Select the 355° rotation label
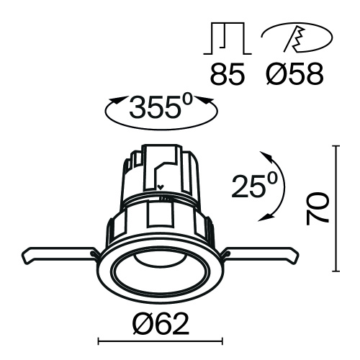[x=160, y=109]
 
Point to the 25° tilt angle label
[x=253, y=186]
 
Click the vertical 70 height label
[x=318, y=209]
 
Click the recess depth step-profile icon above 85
[x=226, y=42]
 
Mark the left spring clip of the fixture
[x=58, y=256]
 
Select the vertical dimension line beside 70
[x=336, y=209]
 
